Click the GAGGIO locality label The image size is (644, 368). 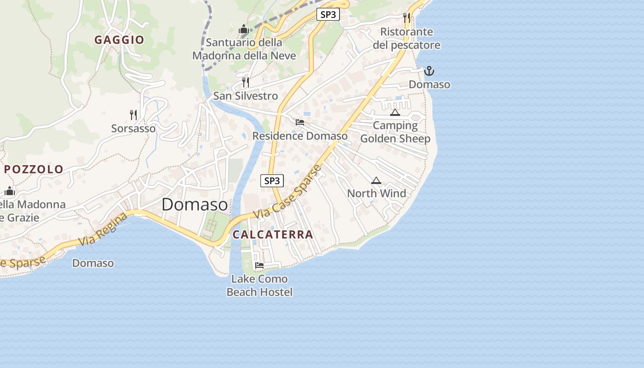pyautogui.click(x=119, y=40)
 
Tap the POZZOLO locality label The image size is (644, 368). pyautogui.click(x=34, y=169)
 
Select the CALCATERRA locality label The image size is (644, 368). pyautogui.click(x=273, y=235)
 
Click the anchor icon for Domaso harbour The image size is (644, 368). pyautogui.click(x=429, y=71)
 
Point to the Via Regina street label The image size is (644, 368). pyautogui.click(x=103, y=229)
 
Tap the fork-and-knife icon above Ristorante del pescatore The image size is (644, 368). pyautogui.click(x=407, y=18)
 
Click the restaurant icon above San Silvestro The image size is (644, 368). pyautogui.click(x=246, y=82)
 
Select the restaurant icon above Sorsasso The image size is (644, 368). pyautogui.click(x=133, y=115)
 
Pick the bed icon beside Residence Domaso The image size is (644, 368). pyautogui.click(x=300, y=122)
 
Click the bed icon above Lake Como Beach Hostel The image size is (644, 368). pyautogui.click(x=259, y=265)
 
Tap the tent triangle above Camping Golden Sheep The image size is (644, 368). pyautogui.click(x=395, y=112)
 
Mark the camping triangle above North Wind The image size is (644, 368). pyautogui.click(x=376, y=180)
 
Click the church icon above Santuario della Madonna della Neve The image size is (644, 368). pyautogui.click(x=244, y=29)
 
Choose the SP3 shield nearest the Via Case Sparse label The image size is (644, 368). pyautogui.click(x=272, y=181)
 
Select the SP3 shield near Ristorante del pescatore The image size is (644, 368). pyautogui.click(x=328, y=14)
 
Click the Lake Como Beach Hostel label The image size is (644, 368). pyautogui.click(x=259, y=285)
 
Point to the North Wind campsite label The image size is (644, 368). pyautogui.click(x=376, y=193)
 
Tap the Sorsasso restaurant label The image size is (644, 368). pyautogui.click(x=133, y=128)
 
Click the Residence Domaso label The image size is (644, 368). pyautogui.click(x=300, y=136)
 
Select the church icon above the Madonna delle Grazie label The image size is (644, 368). pyautogui.click(x=10, y=190)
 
